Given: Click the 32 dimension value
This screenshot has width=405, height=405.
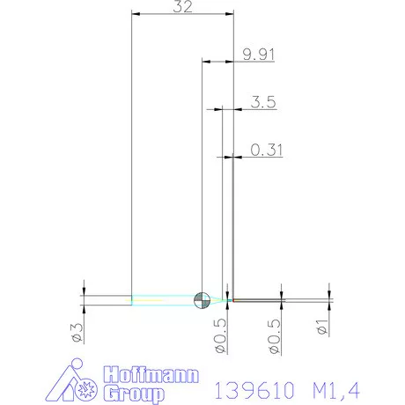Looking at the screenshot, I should (x=182, y=6).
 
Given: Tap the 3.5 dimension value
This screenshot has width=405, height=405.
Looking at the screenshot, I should (x=263, y=102).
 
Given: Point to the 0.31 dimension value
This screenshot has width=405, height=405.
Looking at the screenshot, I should (x=267, y=150).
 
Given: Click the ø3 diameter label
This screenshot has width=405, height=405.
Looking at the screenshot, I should (x=77, y=332).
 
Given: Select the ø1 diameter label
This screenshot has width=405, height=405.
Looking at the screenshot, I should (x=322, y=328).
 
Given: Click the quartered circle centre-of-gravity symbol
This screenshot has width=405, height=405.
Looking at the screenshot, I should (x=202, y=300).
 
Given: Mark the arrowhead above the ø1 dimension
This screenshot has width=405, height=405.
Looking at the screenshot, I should (x=329, y=294).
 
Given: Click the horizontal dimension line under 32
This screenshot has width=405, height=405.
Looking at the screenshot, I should (x=182, y=14).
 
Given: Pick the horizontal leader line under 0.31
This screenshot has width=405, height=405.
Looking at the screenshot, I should (x=255, y=158).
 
